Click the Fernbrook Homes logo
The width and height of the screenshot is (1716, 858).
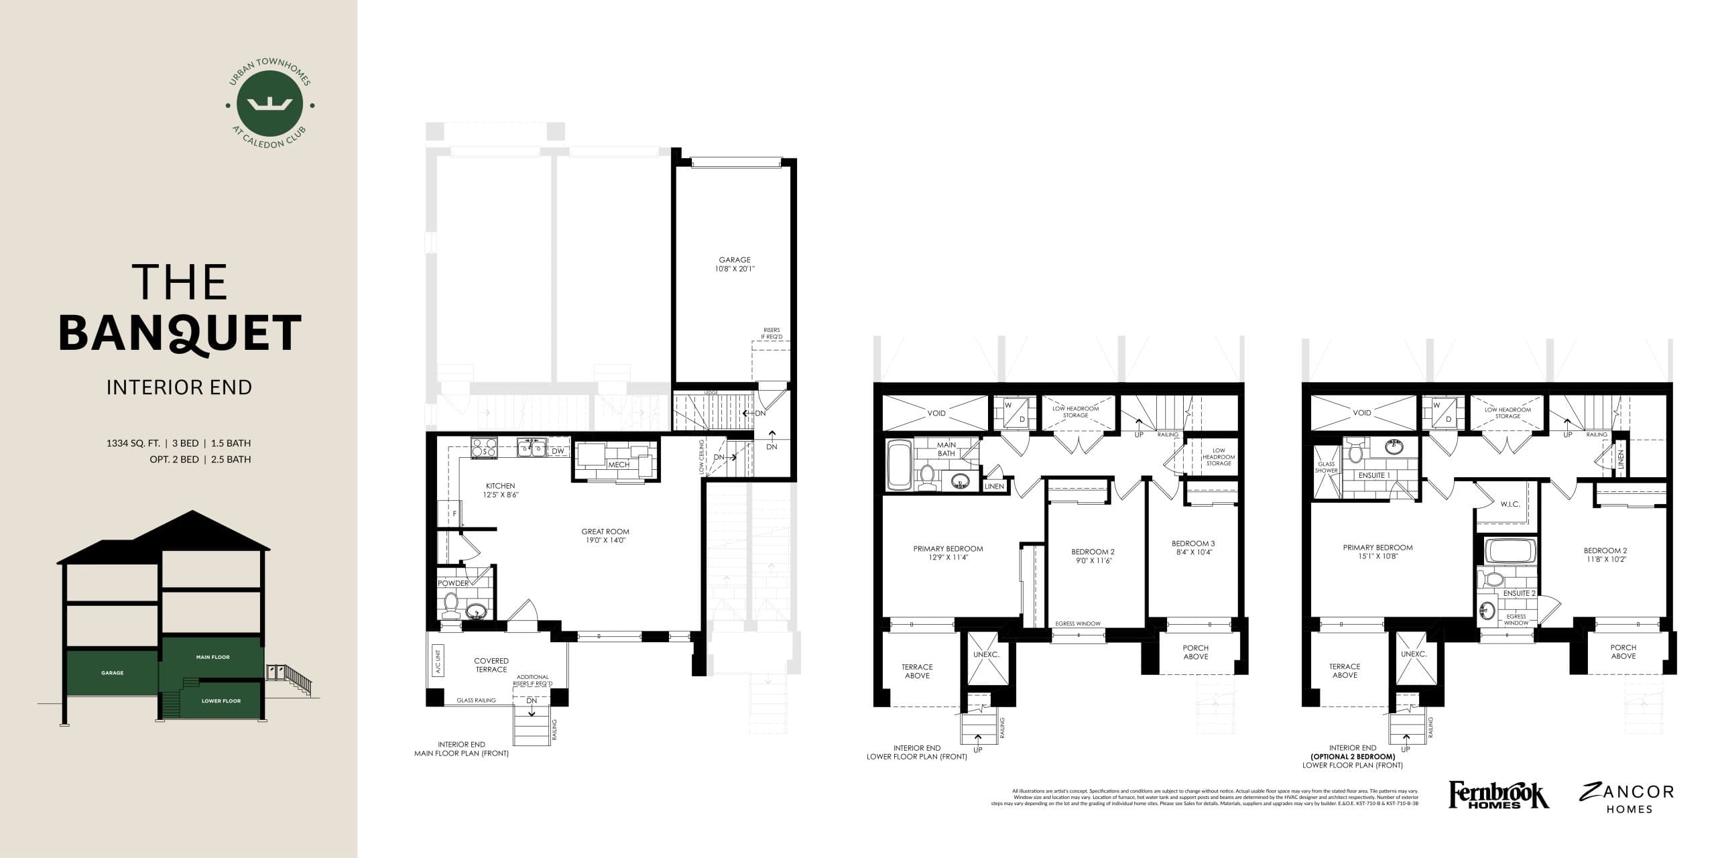[1498, 795]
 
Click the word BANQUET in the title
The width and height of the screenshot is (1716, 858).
[180, 333]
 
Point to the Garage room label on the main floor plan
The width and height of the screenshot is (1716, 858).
[735, 260]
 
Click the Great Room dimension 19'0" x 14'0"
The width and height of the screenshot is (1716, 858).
[605, 540]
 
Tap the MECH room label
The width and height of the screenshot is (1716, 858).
[618, 465]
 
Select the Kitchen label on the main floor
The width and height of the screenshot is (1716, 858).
[500, 486]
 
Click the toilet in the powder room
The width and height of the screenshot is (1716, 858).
[450, 605]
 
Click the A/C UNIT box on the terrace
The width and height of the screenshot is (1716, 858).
[438, 661]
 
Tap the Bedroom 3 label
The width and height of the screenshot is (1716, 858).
[1193, 544]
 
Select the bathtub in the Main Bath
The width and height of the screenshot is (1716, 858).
[898, 464]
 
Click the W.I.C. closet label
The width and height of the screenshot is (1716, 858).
[1510, 504]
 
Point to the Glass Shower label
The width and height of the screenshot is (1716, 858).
[1326, 467]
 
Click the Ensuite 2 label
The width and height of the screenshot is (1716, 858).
[1519, 593]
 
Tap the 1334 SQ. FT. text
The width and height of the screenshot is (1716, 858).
[133, 443]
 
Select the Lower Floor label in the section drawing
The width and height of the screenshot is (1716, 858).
[221, 701]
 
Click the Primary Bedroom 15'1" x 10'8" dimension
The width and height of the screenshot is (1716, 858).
[1377, 556]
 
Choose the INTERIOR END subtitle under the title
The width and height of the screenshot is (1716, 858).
[179, 387]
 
